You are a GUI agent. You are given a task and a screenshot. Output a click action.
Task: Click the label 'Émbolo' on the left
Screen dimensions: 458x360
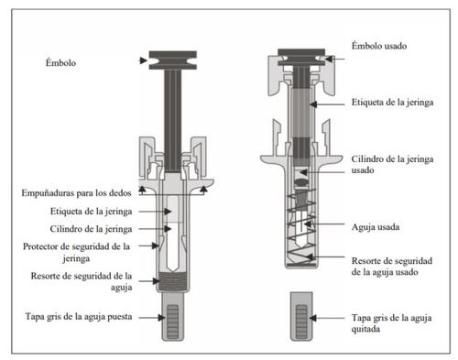(60, 62)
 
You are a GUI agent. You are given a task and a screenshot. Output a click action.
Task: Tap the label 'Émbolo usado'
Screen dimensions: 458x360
(379, 46)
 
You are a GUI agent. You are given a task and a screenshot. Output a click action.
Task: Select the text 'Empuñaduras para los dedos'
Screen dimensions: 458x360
(76, 193)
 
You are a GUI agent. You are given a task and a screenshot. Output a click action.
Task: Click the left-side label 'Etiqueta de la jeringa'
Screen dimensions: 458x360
(91, 212)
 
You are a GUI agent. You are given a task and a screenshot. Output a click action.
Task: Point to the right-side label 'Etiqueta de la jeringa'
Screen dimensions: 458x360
(392, 102)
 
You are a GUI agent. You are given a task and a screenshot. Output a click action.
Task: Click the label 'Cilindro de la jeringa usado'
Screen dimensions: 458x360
(392, 164)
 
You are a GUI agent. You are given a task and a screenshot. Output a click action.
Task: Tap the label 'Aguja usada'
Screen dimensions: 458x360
(376, 227)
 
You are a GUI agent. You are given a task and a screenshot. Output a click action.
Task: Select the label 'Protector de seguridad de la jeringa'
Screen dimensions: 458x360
(76, 252)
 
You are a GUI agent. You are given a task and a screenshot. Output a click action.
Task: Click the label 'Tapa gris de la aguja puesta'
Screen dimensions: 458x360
(79, 316)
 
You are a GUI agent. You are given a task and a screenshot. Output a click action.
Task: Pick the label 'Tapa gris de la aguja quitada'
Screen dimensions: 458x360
(391, 323)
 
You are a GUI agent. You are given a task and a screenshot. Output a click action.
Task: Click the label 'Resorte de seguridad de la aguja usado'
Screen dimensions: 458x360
(392, 267)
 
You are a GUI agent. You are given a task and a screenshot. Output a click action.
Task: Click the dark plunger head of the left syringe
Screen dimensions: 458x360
(173, 60)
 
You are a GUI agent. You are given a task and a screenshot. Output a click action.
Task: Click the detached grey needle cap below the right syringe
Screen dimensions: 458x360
(301, 316)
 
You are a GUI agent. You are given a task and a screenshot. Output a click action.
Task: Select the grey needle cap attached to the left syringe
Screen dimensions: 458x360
(173, 316)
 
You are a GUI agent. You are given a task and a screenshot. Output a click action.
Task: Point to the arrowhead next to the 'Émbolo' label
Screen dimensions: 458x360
(143, 60)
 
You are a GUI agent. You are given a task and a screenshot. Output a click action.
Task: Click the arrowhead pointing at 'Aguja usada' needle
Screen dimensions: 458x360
(308, 224)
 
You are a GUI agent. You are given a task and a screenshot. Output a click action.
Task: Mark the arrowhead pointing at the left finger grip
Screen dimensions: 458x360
(142, 190)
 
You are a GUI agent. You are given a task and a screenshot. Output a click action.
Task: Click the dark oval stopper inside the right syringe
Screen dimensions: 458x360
(301, 182)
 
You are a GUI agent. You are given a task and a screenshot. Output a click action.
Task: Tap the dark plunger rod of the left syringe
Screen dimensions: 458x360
(173, 121)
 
